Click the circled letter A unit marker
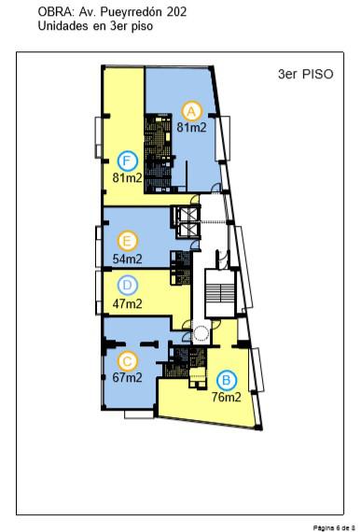click(191, 111)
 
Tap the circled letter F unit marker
click(127, 161)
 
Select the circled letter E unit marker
click(127, 241)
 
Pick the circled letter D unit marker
click(127, 286)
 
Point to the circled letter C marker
click(127, 361)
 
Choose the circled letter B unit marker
click(227, 381)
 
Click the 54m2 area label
click(127, 259)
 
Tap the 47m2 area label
click(127, 303)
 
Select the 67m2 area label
click(127, 377)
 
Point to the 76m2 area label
click(227, 397)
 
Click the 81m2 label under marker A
click(191, 128)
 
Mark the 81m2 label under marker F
click(127, 177)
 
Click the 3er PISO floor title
click(305, 75)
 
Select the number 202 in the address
click(176, 12)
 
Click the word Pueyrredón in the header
click(131, 13)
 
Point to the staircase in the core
click(220, 294)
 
